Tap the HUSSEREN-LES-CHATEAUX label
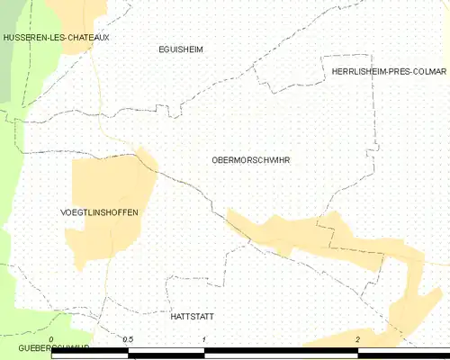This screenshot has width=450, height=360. tap(56, 38)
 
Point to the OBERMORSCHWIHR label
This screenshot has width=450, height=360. tap(250, 160)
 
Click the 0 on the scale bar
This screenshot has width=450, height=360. tap(51, 339)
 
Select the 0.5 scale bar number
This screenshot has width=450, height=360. tap(128, 339)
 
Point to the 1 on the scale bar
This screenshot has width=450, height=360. tap(205, 339)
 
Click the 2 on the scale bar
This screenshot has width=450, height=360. tap(358, 339)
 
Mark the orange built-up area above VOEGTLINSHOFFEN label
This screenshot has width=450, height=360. tap(112, 180)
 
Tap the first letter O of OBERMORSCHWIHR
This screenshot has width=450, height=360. tap(214, 160)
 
